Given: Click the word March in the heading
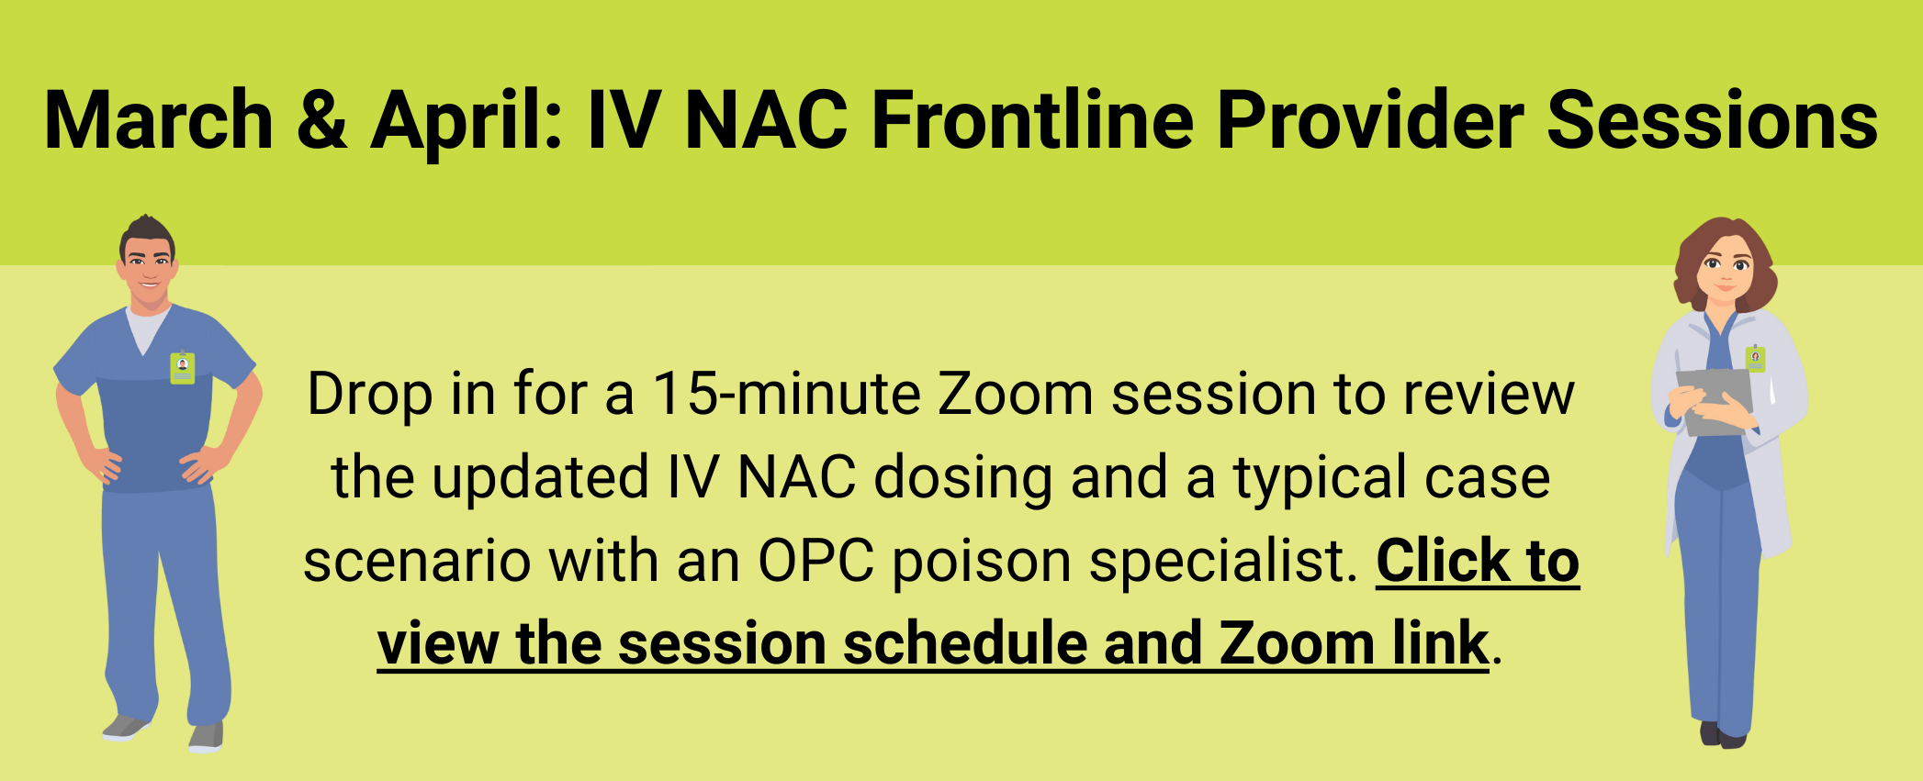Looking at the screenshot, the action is pyautogui.click(x=159, y=120).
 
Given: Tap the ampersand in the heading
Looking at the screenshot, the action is pyautogui.click(x=322, y=120).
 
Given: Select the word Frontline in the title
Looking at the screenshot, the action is pyautogui.click(x=1033, y=120).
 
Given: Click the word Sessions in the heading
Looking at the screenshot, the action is pyautogui.click(x=1713, y=120).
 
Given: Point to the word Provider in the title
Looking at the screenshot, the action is pyautogui.click(x=1370, y=120).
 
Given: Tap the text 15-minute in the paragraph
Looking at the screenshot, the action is pyautogui.click(x=786, y=395).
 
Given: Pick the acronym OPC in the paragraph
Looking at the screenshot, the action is pyautogui.click(x=815, y=561).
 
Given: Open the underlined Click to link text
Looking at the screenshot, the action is pyautogui.click(x=1478, y=561).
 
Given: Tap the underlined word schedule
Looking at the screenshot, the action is pyautogui.click(x=965, y=643).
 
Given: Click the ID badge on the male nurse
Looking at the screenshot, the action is pyautogui.click(x=183, y=368).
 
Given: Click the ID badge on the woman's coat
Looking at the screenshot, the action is pyautogui.click(x=1755, y=358).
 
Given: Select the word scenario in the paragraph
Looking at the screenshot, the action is pyautogui.click(x=417, y=561).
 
